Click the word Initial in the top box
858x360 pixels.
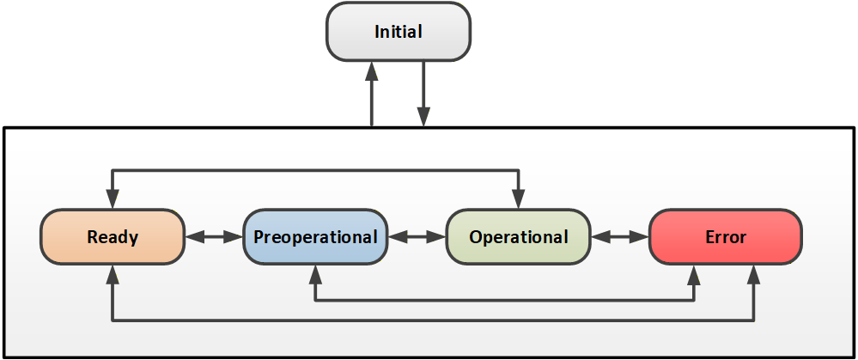[x=399, y=32]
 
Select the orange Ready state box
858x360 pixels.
[x=113, y=237]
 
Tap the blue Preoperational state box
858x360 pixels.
[x=315, y=237]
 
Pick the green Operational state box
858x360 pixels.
[x=519, y=237]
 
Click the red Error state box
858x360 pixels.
[x=726, y=237]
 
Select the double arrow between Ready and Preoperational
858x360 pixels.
[x=214, y=237]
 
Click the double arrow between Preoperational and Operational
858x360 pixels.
[x=417, y=237]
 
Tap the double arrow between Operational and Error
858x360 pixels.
[x=620, y=237]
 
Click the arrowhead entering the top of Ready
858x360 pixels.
[x=113, y=198]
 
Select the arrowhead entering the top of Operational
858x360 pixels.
[x=519, y=198]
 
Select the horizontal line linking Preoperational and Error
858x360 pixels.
[x=504, y=300]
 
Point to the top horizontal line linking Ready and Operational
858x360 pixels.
[x=316, y=171]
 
